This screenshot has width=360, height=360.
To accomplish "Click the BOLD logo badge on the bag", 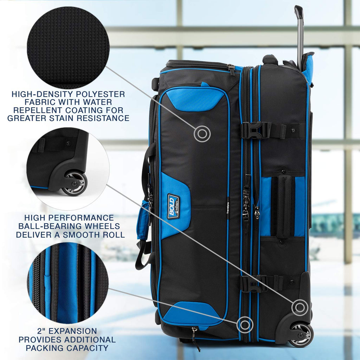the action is pyautogui.click(x=173, y=206).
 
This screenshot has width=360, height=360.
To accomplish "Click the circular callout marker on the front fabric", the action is pyautogui.click(x=202, y=133).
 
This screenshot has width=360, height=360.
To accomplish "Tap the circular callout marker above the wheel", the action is pyautogui.click(x=300, y=307).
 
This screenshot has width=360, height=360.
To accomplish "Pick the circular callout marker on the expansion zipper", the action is pyautogui.click(x=245, y=324).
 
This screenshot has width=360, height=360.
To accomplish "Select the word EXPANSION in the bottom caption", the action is pyautogui.click(x=73, y=331).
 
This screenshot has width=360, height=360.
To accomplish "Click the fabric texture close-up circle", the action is pyautogui.click(x=67, y=47).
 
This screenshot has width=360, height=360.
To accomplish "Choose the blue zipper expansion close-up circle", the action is pyautogui.click(x=68, y=283).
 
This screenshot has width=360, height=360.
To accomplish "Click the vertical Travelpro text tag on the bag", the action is pyautogui.click(x=228, y=208).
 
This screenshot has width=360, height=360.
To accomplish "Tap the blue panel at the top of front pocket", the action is pyautogui.click(x=196, y=99).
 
